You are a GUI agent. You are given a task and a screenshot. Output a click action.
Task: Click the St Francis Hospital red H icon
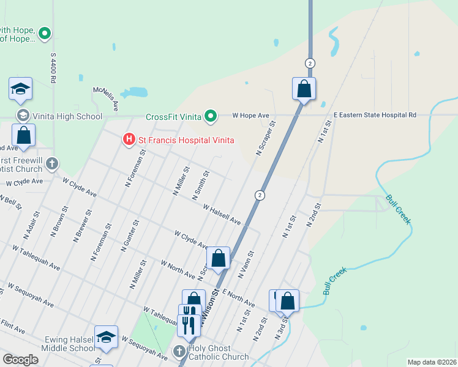tap(129, 140)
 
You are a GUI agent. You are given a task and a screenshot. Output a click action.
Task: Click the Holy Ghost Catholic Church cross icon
tap(179, 351)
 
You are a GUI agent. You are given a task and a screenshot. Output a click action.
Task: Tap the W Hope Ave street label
tap(251, 115)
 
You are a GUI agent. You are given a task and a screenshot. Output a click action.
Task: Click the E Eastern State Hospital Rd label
tap(375, 115)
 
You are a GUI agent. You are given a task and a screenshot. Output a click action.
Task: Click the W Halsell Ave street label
tap(222, 214)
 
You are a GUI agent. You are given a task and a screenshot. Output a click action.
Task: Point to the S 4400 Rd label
tap(53, 67)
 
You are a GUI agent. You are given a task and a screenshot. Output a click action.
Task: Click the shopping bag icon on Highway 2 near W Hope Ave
tap(304, 89)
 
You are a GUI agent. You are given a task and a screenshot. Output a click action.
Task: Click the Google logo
tap(20, 360)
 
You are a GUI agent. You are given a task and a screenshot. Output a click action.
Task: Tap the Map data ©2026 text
tap(432, 362)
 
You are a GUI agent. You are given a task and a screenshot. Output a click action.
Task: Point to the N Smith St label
tap(201, 185)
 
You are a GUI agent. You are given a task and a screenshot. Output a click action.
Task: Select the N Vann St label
tap(246, 264)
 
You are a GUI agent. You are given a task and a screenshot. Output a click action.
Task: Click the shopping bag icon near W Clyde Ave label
tap(219, 259)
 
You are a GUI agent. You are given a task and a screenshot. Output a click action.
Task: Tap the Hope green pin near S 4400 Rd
tap(44, 34)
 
